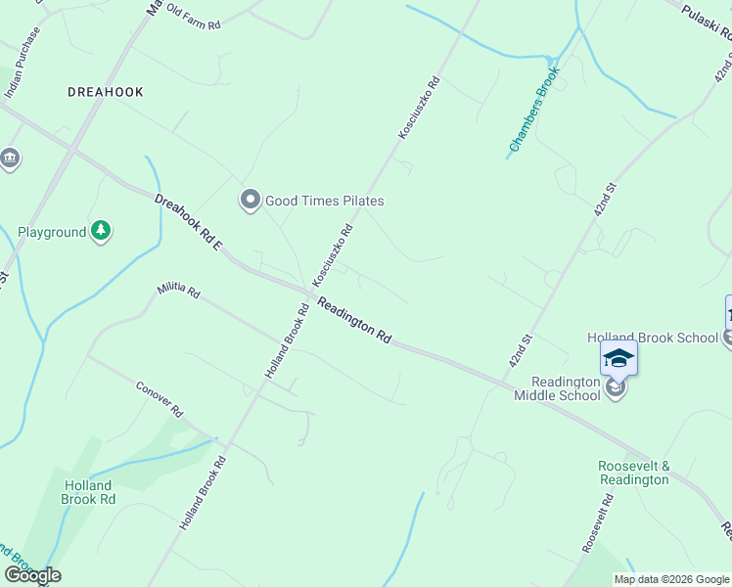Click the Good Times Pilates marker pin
[251, 201]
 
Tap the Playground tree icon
[101, 232]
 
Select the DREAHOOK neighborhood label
[106, 92]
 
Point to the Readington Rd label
[353, 320]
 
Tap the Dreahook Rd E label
[187, 223]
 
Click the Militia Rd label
[179, 292]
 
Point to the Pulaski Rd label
[707, 21]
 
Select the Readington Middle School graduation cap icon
[618, 358]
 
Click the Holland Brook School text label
[653, 338]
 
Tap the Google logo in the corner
[32, 575]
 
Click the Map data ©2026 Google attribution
[671, 579]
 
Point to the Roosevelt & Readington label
[634, 473]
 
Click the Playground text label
[52, 233]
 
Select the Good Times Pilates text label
[325, 201]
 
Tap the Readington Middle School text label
[565, 388]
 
